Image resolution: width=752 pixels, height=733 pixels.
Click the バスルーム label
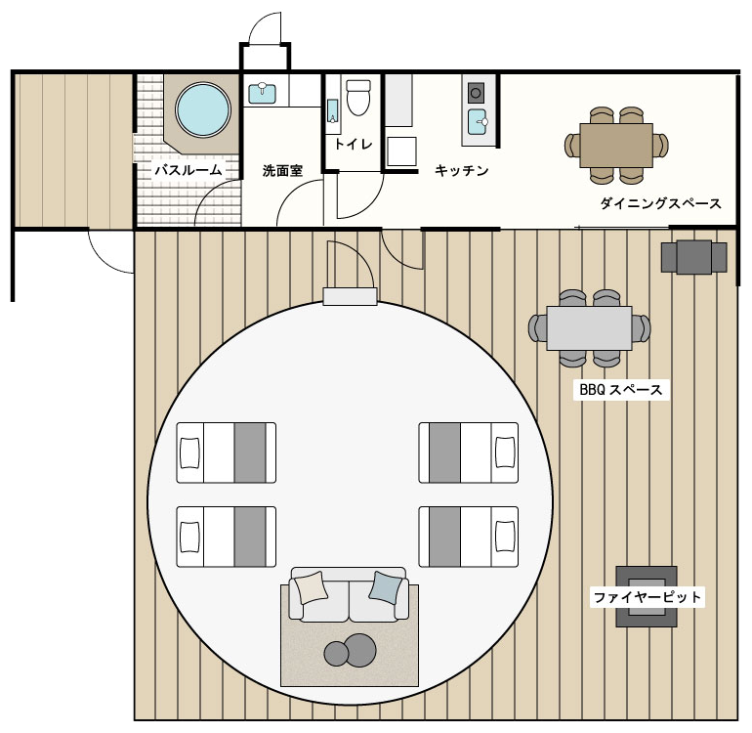click(x=188, y=170)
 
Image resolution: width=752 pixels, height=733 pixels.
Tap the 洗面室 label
click(x=282, y=170)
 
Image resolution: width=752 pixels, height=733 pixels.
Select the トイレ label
click(x=353, y=144)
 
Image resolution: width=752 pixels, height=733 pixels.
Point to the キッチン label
click(x=461, y=170)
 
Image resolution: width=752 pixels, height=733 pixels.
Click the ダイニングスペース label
click(x=660, y=203)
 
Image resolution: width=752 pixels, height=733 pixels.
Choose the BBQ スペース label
click(x=621, y=389)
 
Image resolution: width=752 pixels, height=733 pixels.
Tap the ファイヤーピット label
click(x=647, y=597)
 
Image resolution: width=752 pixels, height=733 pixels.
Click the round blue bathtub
click(x=203, y=109)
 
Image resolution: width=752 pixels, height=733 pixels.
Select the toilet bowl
click(x=358, y=98)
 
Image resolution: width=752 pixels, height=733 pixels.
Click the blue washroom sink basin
click(x=263, y=94)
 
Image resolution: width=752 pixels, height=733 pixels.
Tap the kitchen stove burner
click(x=476, y=93)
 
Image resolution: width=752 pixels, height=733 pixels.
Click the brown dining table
click(x=616, y=145)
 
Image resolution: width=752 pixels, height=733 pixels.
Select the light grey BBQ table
click(x=589, y=328)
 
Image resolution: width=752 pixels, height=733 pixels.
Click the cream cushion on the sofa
click(x=312, y=587)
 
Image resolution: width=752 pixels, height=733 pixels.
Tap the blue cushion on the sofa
click(x=386, y=587)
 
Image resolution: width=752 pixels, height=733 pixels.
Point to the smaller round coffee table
click(x=336, y=654)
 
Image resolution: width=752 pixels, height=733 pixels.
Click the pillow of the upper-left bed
click(x=189, y=453)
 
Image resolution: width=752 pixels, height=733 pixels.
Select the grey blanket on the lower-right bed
click(x=444, y=537)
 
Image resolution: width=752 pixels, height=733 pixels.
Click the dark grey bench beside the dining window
click(x=694, y=257)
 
